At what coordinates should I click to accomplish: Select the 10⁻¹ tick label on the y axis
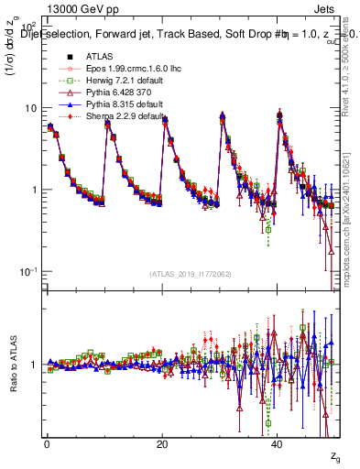(x=31, y=272)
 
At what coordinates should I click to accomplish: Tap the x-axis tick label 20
(x=162, y=444)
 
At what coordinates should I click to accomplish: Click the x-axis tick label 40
(x=278, y=444)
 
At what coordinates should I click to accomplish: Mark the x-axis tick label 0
(x=47, y=444)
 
